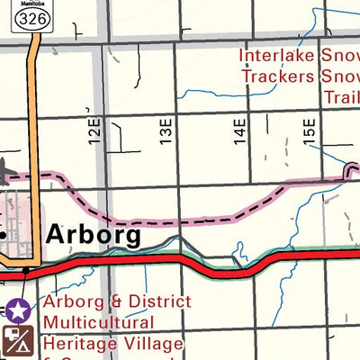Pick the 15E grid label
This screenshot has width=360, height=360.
[x=310, y=130]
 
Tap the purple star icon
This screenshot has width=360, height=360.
[x=18, y=312]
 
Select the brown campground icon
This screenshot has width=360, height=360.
[x=18, y=340]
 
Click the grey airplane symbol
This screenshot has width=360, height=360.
[x=5, y=168]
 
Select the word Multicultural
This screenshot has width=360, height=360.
[x=99, y=321]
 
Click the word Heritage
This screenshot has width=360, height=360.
[x=80, y=342]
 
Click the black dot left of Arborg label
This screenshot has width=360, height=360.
[x=4, y=235]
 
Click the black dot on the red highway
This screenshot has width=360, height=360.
[x=26, y=270]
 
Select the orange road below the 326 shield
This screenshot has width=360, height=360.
[x=34, y=108]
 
